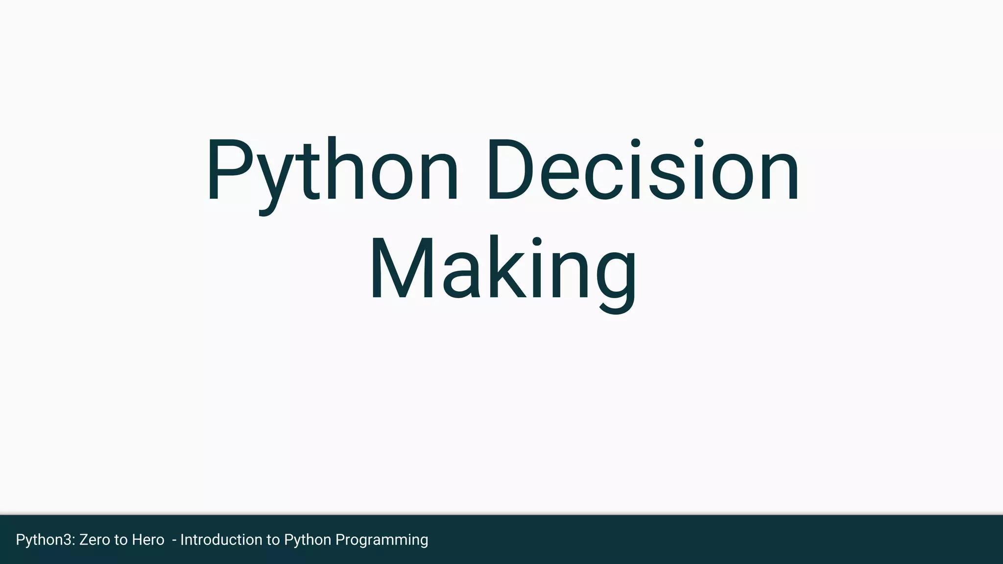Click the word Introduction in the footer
pos(221,540)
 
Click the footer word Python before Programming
pos(308,540)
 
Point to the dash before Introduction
pos(174,540)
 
